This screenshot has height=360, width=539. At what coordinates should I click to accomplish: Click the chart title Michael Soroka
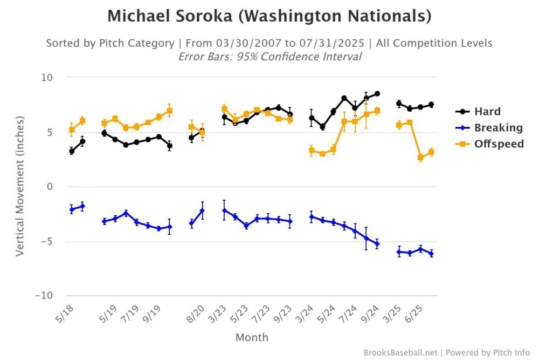click(x=269, y=16)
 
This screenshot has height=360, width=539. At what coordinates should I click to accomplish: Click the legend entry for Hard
click(x=487, y=112)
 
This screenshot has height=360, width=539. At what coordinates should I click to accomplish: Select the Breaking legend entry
click(x=498, y=128)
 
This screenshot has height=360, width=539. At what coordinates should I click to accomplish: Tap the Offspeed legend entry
click(x=499, y=144)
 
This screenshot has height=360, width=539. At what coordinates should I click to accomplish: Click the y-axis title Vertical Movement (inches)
click(x=20, y=187)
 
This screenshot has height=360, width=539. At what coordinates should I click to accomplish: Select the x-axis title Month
click(x=252, y=338)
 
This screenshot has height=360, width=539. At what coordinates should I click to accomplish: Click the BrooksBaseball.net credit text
click(x=401, y=352)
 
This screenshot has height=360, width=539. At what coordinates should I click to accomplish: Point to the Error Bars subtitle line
click(x=269, y=56)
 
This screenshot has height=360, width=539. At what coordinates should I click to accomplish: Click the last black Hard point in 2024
click(x=377, y=93)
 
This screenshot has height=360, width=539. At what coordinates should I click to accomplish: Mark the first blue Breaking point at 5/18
click(x=72, y=209)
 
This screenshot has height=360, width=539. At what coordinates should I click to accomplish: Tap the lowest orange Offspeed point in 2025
click(x=420, y=158)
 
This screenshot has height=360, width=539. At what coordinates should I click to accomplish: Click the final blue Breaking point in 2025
click(x=431, y=254)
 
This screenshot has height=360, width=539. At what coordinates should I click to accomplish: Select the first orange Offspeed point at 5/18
click(x=72, y=130)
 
